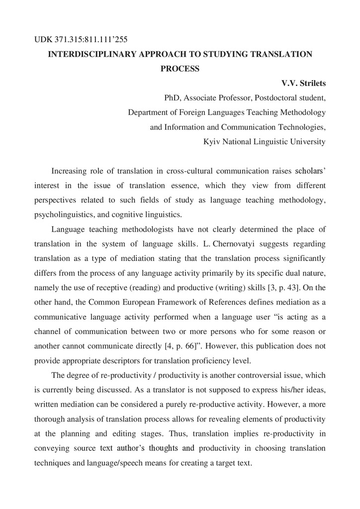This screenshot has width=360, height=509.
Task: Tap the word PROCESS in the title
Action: (x=180, y=69)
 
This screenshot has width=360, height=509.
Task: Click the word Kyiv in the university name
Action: (x=211, y=142)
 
